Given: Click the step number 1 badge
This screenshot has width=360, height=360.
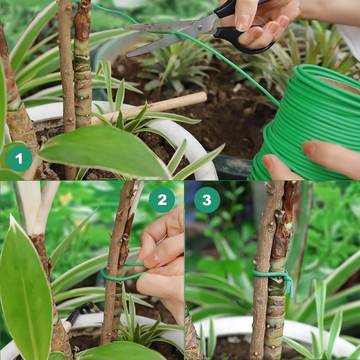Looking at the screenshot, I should click(19, 158).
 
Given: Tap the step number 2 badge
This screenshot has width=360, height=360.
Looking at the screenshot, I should click(162, 200).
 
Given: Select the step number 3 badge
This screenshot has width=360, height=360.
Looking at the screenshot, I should click(207, 200).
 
